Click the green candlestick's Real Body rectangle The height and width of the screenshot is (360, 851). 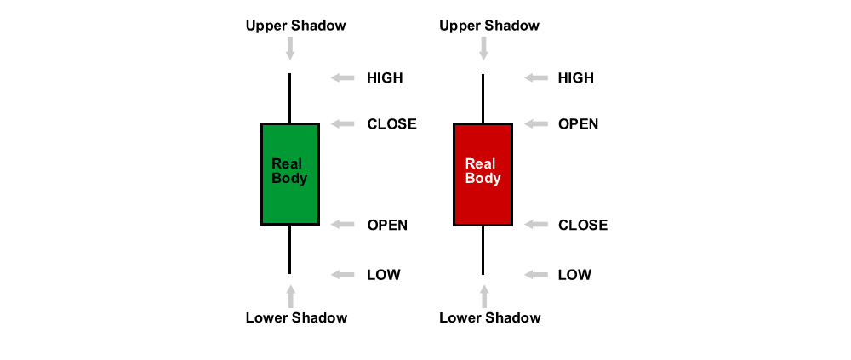click(x=290, y=174)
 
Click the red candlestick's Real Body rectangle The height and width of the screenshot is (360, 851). click(x=483, y=174)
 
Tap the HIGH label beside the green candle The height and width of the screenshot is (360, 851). click(x=385, y=77)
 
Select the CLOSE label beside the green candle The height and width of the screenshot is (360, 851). click(x=391, y=123)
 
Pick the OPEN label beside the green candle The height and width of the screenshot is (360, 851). click(x=387, y=224)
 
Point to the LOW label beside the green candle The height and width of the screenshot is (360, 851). click(x=384, y=274)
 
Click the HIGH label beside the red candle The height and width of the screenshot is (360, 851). click(x=576, y=77)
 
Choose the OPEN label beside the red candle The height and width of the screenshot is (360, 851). click(x=578, y=123)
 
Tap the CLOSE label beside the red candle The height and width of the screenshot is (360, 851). click(x=583, y=224)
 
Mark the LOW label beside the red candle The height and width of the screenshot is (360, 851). click(x=574, y=274)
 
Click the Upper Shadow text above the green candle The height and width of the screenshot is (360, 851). click(x=296, y=26)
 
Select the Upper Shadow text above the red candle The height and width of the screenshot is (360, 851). click(x=489, y=26)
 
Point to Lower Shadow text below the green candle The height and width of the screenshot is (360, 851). click(x=296, y=317)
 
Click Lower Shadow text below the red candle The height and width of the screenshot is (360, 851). click(x=490, y=317)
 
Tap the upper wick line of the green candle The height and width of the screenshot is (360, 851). click(x=290, y=98)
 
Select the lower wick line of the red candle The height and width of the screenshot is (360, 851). click(x=483, y=249)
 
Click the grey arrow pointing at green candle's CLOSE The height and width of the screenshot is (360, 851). click(x=342, y=123)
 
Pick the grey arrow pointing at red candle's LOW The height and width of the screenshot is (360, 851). click(x=536, y=274)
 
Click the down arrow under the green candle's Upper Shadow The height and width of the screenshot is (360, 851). click(x=290, y=49)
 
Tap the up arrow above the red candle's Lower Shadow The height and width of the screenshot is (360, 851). click(x=483, y=296)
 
